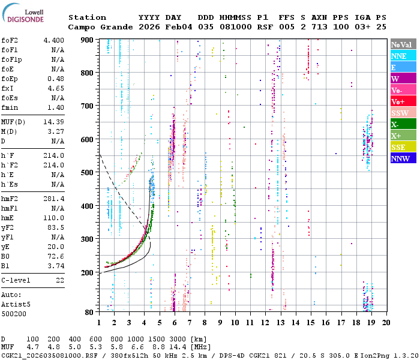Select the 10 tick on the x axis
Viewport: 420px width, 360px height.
tap(235, 323)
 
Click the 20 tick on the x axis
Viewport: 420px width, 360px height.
tap(386, 323)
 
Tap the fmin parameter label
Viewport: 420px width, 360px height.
tap(10, 107)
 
